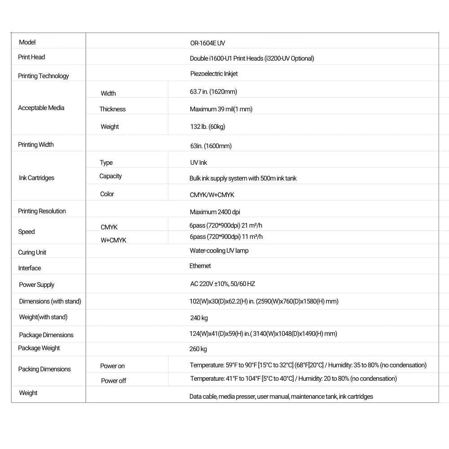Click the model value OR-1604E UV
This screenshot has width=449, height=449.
pos(207,43)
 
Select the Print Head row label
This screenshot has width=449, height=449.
pos(31,57)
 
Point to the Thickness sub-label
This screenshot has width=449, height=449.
pos(112,109)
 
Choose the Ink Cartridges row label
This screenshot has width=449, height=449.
pos(36,178)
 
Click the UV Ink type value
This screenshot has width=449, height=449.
pos(198,163)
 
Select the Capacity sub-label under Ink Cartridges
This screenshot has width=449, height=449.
pos(110,176)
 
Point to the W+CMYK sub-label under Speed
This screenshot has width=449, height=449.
pos(113,240)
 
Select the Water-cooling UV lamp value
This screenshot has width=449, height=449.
pos(219,251)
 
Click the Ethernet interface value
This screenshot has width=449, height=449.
pos(200,266)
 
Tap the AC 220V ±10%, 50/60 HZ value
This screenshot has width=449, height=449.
pos(223,284)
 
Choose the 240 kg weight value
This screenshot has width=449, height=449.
pos(199,318)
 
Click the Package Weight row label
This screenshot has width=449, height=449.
pos(39,348)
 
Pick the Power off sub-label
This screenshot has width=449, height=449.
pos(113,381)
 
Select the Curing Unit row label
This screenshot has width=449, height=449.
pos(32,252)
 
